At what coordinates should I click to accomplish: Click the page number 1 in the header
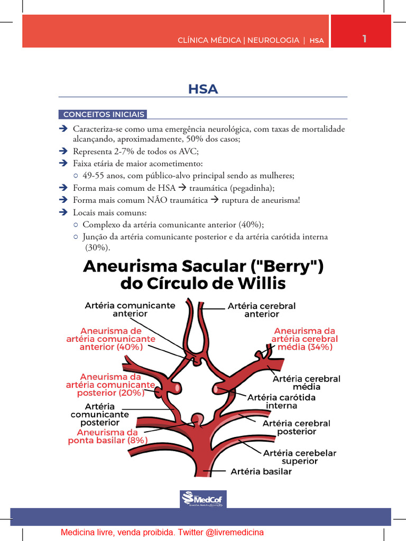point(364,39)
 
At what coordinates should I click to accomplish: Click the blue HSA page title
point(203,89)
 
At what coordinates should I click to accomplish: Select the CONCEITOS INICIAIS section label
point(103,115)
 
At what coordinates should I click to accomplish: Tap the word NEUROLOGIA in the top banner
point(273,40)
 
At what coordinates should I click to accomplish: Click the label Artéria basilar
point(261,471)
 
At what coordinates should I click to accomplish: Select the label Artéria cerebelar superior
point(299,457)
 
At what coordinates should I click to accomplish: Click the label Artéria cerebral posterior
point(296,427)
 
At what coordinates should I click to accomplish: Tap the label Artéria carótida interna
point(281,402)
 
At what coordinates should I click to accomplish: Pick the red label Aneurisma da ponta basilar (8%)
point(108,436)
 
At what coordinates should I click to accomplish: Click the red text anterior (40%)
point(111,347)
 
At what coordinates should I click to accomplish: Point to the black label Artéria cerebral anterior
point(261,310)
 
